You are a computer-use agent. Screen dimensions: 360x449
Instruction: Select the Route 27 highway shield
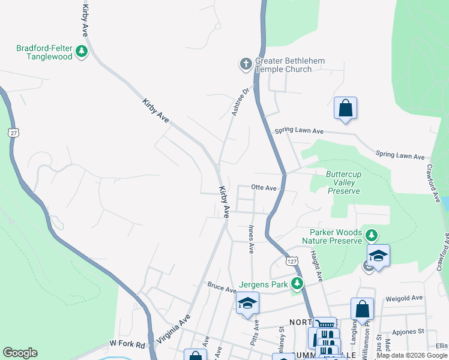tap(13, 132)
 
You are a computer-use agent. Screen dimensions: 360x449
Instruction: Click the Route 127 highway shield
tap(292, 262)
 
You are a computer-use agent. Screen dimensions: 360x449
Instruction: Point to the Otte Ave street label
tap(264, 188)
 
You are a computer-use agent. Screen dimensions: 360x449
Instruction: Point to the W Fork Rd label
tap(127, 344)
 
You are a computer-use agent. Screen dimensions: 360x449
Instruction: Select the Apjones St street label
tap(408, 331)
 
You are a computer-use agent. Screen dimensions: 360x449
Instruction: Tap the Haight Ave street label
tap(316, 266)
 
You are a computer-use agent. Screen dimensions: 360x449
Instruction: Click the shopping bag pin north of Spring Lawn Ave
tap(345, 109)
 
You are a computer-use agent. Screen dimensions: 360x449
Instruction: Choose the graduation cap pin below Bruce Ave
tap(247, 304)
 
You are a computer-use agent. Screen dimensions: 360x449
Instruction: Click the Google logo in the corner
tap(20, 353)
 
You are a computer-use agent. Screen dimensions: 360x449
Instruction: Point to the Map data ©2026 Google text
tap(412, 355)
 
